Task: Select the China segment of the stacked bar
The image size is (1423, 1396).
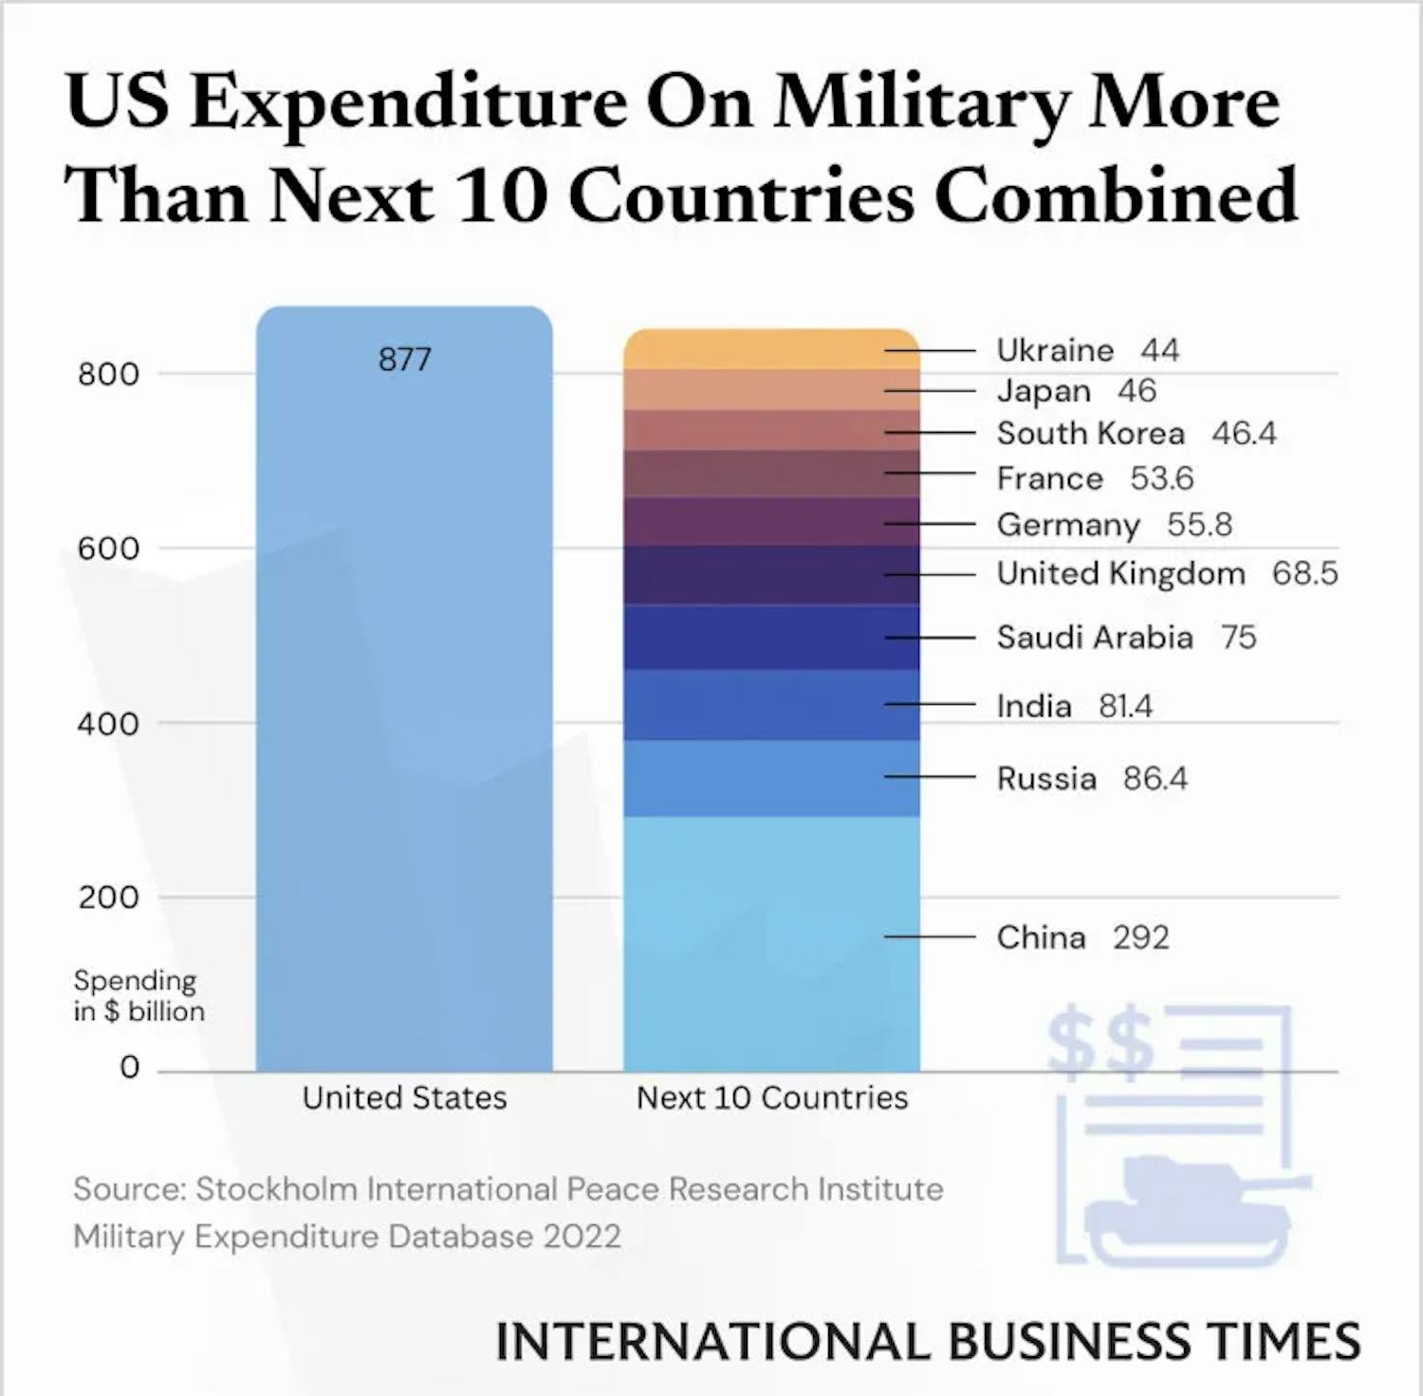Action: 770,944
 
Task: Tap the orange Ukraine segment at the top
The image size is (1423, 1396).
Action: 770,349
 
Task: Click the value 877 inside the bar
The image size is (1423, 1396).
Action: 404,360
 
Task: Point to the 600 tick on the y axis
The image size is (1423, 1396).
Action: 108,549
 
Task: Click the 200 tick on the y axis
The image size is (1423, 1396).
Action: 108,897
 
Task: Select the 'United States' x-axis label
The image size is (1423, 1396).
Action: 404,1098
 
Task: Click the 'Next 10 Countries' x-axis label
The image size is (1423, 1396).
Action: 771,1098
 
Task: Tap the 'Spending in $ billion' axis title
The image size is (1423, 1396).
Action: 139,996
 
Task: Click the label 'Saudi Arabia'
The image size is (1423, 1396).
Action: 1094,637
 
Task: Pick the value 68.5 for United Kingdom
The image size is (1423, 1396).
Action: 1304,573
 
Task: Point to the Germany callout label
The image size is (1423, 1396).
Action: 1067,525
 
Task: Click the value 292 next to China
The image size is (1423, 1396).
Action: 1140,938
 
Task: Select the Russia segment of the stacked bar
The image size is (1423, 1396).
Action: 770,778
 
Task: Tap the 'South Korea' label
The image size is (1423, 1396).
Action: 1090,434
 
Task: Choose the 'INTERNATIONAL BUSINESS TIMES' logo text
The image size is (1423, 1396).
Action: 928,1342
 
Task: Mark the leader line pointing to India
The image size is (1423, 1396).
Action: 930,704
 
